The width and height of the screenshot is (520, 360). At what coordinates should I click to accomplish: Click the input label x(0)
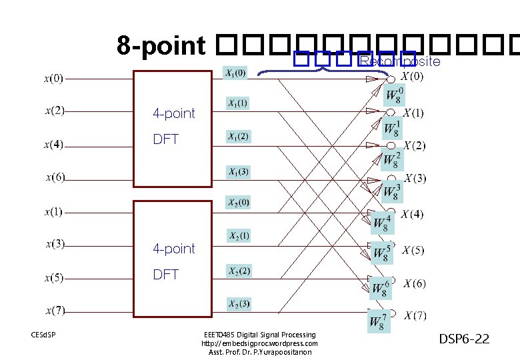(54, 79)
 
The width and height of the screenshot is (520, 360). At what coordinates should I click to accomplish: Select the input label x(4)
(54, 144)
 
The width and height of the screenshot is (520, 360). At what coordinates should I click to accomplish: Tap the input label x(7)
(55, 310)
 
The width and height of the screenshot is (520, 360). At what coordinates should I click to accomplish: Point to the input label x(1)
(54, 212)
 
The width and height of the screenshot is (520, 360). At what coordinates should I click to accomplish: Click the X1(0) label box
(235, 73)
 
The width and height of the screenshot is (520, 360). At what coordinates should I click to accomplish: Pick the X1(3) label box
(238, 172)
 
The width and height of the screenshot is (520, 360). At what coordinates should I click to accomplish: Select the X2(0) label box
(238, 202)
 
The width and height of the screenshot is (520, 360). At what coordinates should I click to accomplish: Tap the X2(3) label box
(238, 304)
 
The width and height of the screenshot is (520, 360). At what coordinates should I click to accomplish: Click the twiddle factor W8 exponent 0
(394, 94)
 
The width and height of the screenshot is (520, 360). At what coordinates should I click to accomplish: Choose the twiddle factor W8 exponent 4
(381, 222)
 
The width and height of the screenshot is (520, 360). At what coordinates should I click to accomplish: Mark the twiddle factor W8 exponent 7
(378, 322)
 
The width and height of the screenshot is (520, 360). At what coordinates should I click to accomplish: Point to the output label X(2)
(414, 145)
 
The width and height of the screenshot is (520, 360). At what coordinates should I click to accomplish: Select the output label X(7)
(416, 315)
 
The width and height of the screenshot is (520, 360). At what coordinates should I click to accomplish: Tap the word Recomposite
(399, 62)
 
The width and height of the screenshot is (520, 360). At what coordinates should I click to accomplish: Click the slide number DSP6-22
(463, 339)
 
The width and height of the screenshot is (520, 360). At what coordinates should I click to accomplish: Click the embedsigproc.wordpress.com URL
(259, 343)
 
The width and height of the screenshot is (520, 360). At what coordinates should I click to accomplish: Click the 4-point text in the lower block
(173, 249)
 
